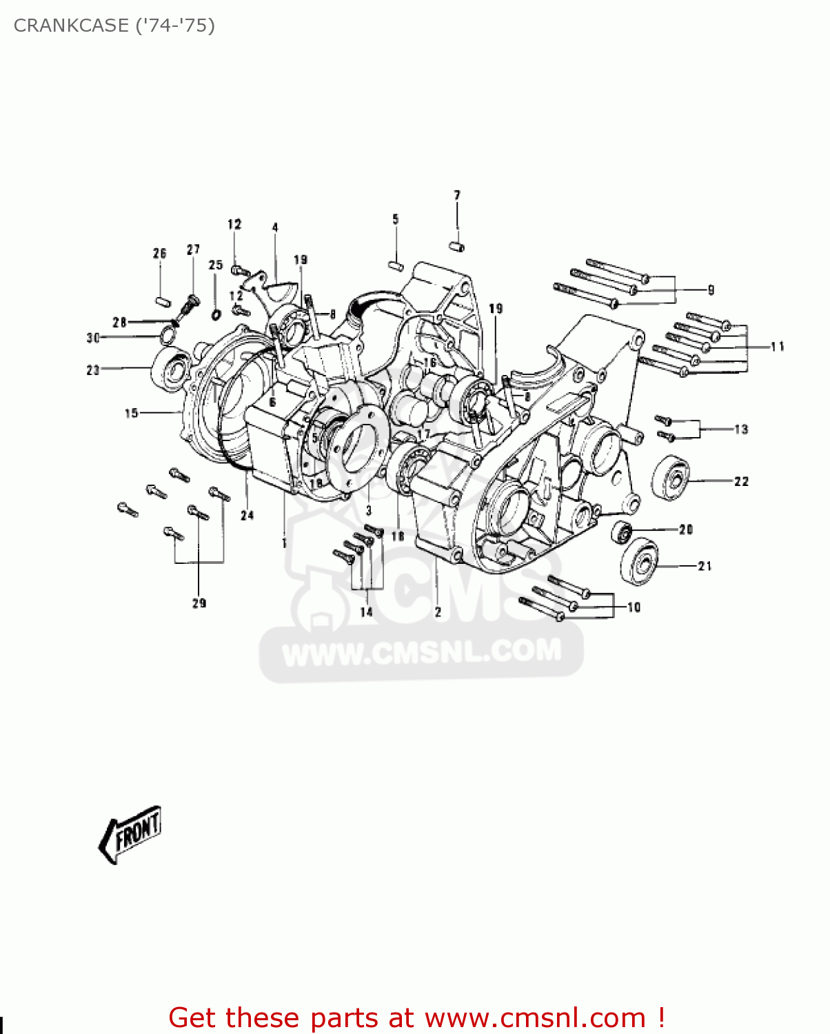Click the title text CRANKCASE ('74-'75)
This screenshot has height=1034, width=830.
point(114,26)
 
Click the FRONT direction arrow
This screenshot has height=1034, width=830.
point(131,833)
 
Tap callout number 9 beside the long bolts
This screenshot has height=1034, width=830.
point(711,290)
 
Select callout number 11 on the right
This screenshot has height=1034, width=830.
point(778,347)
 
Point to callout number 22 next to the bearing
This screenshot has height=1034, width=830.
point(741,481)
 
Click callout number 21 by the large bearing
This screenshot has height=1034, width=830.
point(705,566)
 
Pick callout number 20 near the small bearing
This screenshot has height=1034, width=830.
point(685,529)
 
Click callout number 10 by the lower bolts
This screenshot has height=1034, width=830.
point(634,607)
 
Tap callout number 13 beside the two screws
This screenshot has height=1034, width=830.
point(741,429)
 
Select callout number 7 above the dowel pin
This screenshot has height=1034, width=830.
point(457,196)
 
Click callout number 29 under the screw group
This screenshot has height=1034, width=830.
point(199,603)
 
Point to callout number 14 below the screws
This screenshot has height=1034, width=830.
point(366,611)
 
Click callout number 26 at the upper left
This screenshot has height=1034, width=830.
point(160,254)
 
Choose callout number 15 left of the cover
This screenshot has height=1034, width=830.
point(131,413)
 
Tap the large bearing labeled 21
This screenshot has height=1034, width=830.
point(640,562)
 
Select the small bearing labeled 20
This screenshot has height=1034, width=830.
point(621,531)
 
